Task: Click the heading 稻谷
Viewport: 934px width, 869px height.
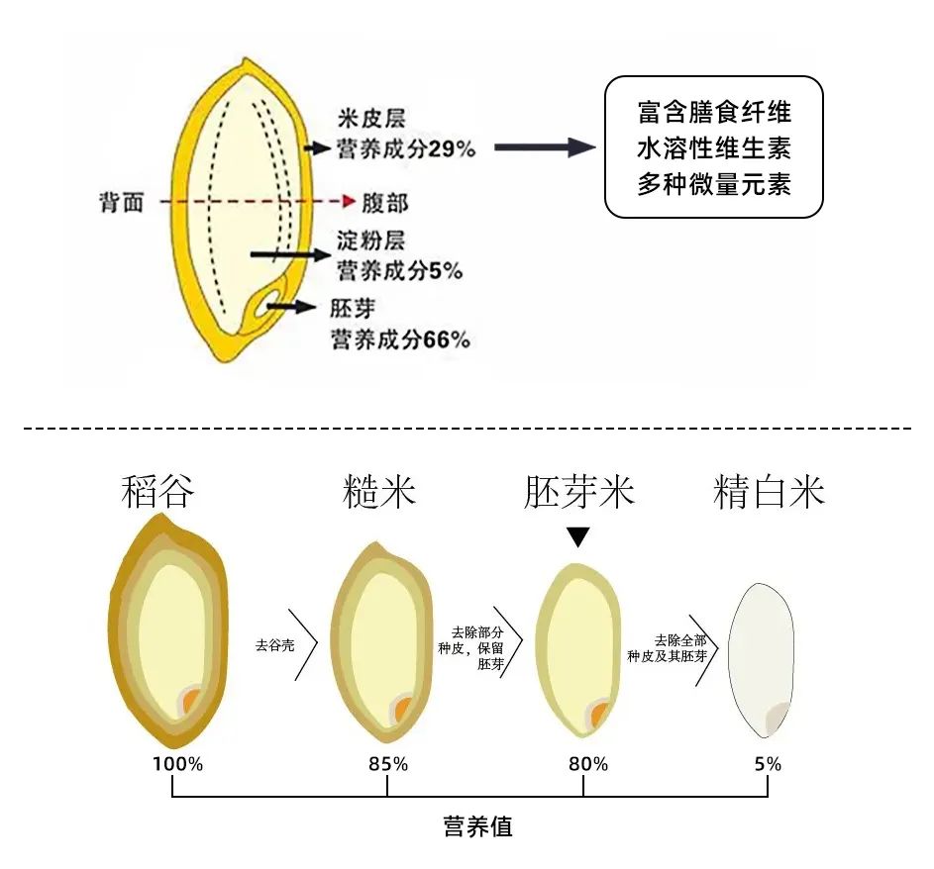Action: point(158,492)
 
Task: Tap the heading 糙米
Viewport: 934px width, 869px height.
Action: point(379,492)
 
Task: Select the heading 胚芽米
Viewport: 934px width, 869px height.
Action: point(578,492)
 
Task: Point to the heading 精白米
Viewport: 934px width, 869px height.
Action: point(769,492)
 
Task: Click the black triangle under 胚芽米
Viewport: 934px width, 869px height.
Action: point(578,537)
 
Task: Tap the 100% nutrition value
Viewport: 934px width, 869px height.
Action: point(177,764)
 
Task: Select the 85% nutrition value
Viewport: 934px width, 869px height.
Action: point(386,764)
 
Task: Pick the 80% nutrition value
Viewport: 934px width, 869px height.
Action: point(587,764)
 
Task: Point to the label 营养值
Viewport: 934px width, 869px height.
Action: point(477,826)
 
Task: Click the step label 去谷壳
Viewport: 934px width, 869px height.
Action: point(275,645)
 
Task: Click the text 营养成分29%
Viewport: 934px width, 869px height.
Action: point(406,149)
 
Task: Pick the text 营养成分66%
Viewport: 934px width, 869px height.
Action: point(400,339)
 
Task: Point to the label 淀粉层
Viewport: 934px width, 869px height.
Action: point(370,241)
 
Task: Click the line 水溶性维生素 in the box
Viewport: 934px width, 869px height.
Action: point(713,148)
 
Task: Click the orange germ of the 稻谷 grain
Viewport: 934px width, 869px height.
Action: point(191,704)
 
